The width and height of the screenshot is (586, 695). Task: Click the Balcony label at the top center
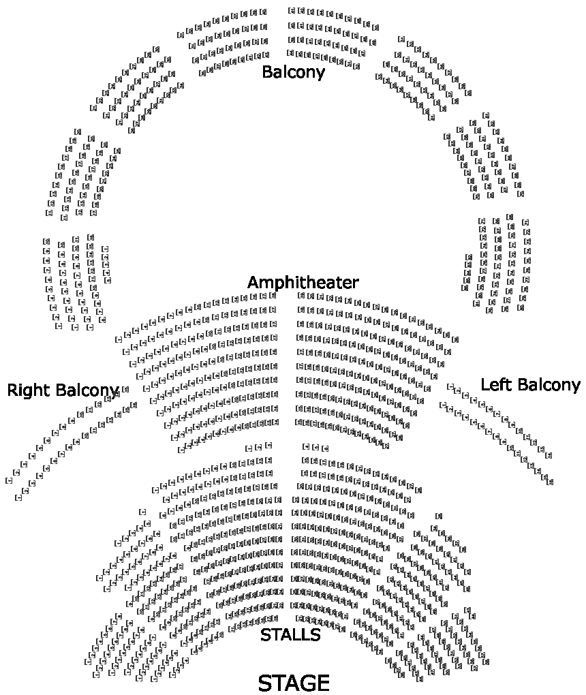click(293, 72)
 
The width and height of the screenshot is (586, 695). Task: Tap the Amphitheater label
click(303, 282)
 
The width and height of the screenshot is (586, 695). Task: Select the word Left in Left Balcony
click(495, 385)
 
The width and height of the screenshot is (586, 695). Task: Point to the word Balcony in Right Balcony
click(87, 390)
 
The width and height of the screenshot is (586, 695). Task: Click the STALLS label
click(290, 635)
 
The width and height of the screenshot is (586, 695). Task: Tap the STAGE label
click(294, 683)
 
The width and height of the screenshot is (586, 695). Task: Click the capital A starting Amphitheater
click(253, 282)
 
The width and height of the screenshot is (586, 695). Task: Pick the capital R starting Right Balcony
click(12, 390)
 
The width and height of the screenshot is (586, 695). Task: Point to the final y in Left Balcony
click(576, 386)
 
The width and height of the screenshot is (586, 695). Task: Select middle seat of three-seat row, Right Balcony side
click(258, 447)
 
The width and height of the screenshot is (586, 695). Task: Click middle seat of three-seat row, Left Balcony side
click(315, 447)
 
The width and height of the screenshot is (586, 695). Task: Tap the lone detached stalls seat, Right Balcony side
click(142, 511)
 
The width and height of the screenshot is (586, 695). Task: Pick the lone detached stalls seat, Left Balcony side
click(438, 516)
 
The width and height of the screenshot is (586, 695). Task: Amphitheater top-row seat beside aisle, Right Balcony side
click(273, 295)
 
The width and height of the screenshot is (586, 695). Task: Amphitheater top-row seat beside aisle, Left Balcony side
click(300, 296)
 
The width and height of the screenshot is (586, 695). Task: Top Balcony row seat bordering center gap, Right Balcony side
click(263, 12)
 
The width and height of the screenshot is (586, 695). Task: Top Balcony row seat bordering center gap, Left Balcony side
click(292, 10)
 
